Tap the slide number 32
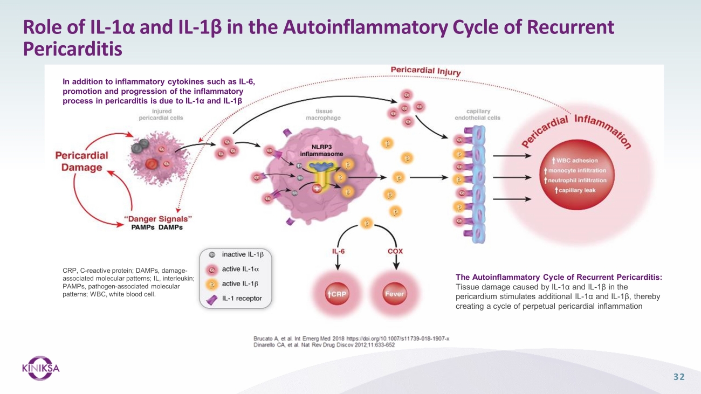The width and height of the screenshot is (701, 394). (x=679, y=377)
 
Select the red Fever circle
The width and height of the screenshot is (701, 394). (x=395, y=294)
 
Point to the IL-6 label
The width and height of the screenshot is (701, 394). (x=338, y=251)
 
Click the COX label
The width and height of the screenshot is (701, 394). (x=395, y=251)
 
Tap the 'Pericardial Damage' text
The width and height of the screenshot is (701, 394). (x=82, y=161)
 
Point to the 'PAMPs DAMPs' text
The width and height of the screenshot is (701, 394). (x=157, y=227)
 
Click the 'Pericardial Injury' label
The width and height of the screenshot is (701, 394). (x=426, y=71)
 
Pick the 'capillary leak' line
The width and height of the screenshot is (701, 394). (x=575, y=190)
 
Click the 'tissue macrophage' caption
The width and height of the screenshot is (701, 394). (x=323, y=114)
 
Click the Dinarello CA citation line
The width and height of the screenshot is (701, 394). (x=320, y=345)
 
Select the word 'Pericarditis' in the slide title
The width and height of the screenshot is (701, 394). (x=73, y=49)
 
